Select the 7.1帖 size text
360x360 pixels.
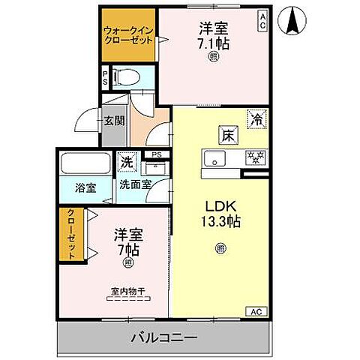point(214,43)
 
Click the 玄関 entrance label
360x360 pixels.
point(114,120)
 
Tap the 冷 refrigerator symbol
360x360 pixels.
point(257,118)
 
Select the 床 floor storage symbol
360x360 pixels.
point(227,136)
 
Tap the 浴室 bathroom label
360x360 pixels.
point(85,188)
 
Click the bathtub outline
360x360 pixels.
point(85,163)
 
